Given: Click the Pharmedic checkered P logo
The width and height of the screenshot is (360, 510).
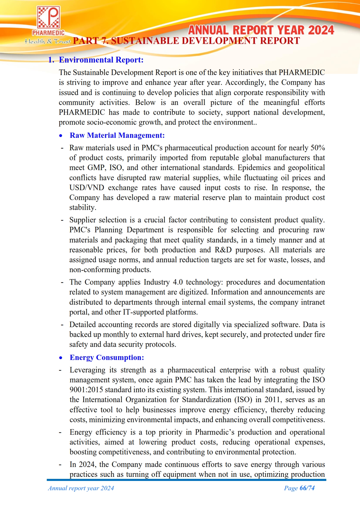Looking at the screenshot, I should (48, 18).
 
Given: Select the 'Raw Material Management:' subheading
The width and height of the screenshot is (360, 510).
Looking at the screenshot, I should (117, 135).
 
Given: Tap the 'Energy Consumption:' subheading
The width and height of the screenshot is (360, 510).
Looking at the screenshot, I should (107, 358).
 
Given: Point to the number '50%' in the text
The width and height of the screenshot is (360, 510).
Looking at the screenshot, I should (318, 148).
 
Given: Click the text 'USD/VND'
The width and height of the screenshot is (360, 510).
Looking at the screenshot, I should (87, 188).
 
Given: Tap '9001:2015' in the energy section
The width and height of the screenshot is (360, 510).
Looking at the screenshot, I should (86, 390).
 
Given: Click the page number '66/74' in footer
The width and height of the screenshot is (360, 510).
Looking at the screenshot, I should (307, 488).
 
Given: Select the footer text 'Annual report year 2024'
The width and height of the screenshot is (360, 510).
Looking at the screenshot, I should (81, 488).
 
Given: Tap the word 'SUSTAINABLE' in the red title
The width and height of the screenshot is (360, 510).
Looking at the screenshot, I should (145, 41).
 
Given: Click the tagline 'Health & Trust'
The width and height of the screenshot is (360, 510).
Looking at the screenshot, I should (47, 41).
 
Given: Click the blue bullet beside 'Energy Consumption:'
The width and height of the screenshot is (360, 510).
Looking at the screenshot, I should (60, 358).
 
